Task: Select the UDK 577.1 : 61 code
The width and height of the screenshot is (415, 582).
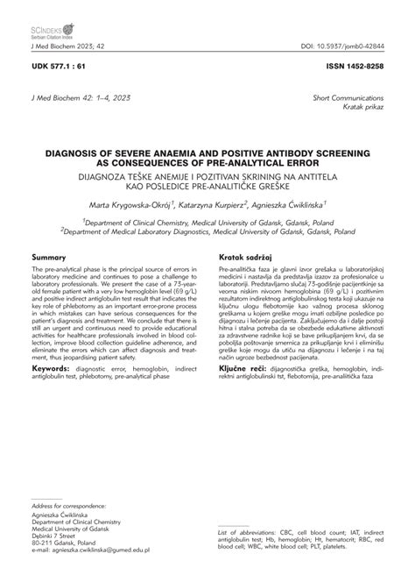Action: [x=60, y=66]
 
